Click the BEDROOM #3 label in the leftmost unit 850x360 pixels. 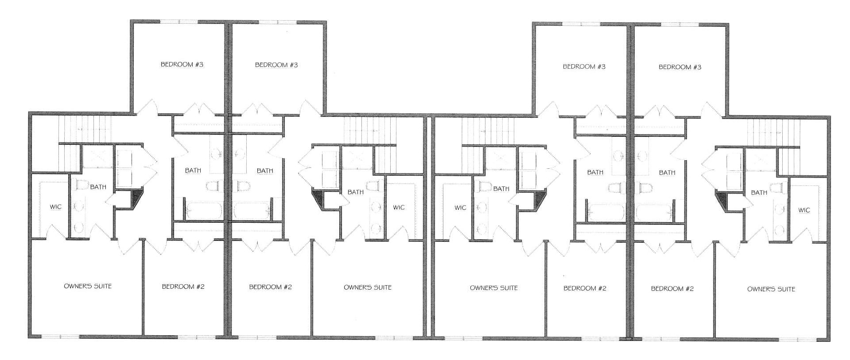tap(182, 65)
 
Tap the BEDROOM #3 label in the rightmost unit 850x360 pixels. tap(680, 67)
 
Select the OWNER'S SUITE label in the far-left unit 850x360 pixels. tap(88, 286)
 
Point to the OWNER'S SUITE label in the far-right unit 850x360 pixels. tap(771, 289)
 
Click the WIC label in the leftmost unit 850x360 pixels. tap(56, 207)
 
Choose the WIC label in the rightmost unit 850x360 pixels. tap(804, 210)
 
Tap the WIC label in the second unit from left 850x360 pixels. tap(399, 207)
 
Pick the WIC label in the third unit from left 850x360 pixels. tap(461, 207)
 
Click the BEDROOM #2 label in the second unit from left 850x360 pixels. tap(271, 287)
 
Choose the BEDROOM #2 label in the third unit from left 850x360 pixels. tap(585, 288)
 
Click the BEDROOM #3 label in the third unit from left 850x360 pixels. tap(584, 67)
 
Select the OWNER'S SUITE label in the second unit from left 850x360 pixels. tap(368, 287)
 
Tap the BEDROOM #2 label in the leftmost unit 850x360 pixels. tap(183, 286)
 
